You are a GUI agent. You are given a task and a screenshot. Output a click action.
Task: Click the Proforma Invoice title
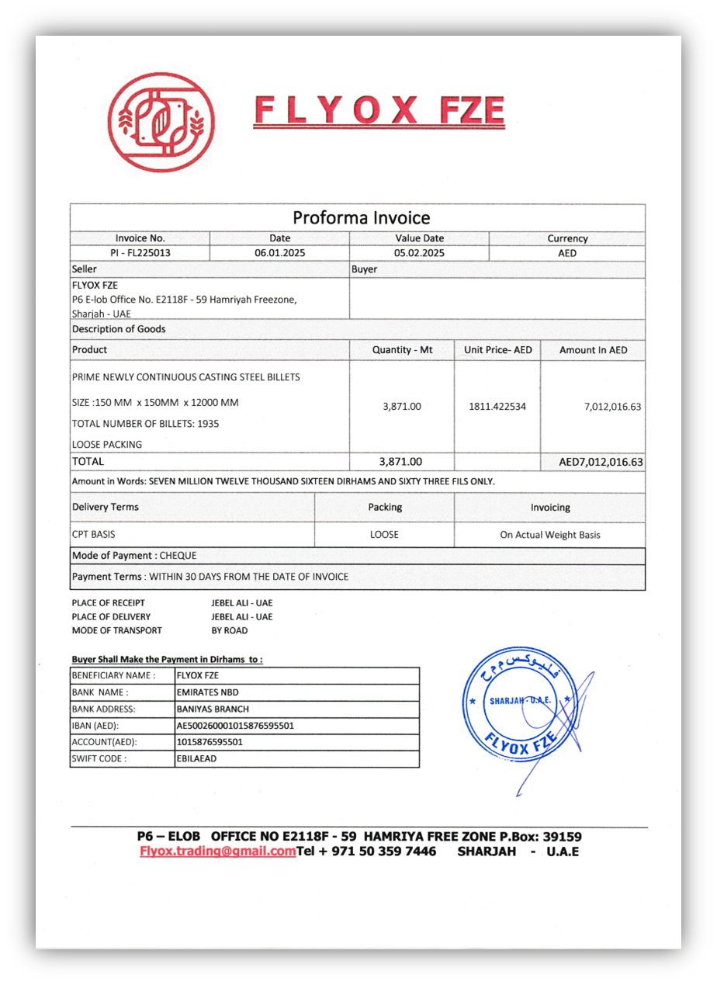click(361, 217)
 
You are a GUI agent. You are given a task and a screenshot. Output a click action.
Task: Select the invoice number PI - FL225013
click(140, 253)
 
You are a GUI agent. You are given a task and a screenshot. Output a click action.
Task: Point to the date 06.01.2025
click(280, 253)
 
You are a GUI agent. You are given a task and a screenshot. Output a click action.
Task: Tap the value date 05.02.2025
click(419, 253)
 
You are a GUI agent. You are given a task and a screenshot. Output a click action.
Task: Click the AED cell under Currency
click(567, 253)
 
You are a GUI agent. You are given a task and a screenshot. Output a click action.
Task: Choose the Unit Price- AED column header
click(497, 350)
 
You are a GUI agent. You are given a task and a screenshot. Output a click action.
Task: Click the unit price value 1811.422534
click(497, 406)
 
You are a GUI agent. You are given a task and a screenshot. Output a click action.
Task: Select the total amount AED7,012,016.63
click(601, 463)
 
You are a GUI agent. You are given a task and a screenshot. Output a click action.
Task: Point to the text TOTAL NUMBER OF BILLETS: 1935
click(145, 424)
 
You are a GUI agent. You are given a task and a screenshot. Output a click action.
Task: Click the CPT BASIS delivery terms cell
click(94, 535)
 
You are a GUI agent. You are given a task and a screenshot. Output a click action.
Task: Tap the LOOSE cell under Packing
click(385, 535)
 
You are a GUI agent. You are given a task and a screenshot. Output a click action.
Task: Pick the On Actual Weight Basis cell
click(550, 535)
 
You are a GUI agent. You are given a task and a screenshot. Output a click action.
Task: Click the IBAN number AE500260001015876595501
click(235, 726)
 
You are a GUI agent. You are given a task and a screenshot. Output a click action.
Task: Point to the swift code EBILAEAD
click(197, 758)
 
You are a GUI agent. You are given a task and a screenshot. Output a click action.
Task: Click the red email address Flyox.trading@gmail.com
click(217, 851)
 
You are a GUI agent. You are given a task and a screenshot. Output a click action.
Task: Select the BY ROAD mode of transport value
click(230, 630)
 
